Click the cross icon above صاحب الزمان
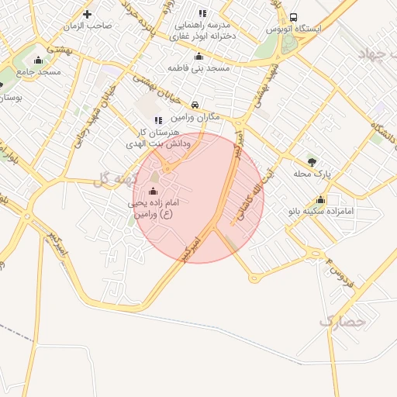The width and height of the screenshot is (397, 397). click(87, 14)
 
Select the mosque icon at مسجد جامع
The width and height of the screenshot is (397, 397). click(39, 60)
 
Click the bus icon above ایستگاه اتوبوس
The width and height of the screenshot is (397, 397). click(293, 17)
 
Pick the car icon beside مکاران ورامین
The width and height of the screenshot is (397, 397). click(195, 105)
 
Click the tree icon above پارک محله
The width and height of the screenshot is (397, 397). click(312, 161)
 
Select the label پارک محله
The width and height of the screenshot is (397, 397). click(312, 174)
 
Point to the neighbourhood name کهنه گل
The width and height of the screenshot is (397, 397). click(115, 179)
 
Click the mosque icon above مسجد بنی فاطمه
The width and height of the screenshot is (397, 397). click(198, 56)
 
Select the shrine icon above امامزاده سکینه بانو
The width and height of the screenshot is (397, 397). click(320, 199)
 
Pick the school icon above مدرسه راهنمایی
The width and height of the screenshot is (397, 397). click(203, 13)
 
